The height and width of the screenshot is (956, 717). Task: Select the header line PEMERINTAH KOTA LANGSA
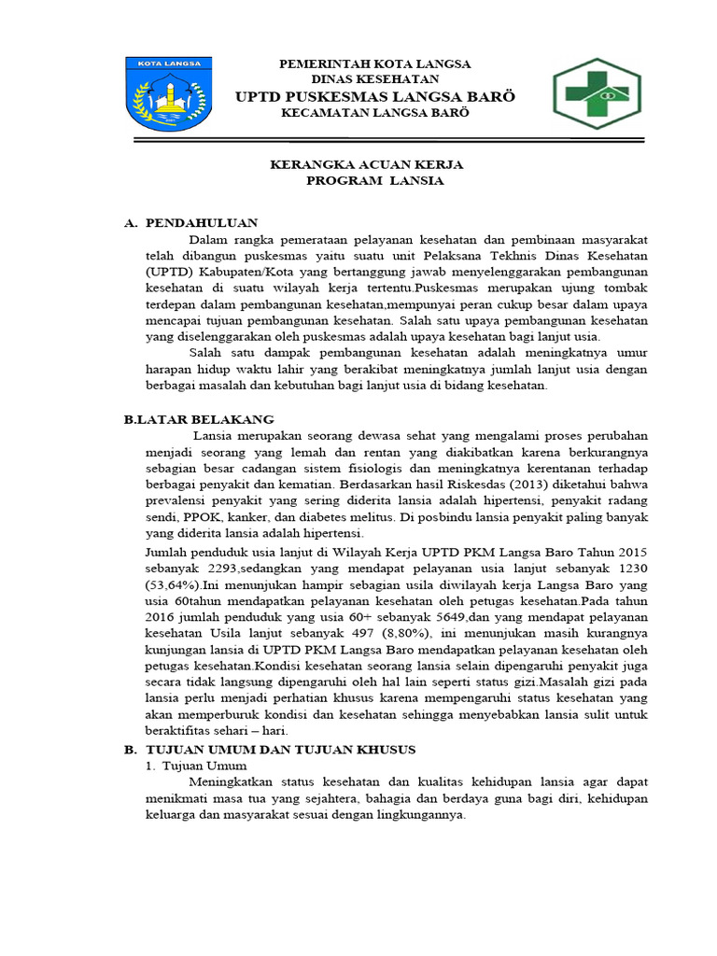coord(376,63)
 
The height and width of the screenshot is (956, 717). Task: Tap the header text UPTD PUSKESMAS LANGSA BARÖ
coord(375,97)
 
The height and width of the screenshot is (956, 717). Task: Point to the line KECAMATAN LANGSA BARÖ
coord(375,113)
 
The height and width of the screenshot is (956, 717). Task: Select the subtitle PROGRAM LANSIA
coord(375,181)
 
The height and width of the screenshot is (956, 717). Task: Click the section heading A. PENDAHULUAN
coord(191,223)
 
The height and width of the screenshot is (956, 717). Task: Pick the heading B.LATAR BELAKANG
coord(199,420)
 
